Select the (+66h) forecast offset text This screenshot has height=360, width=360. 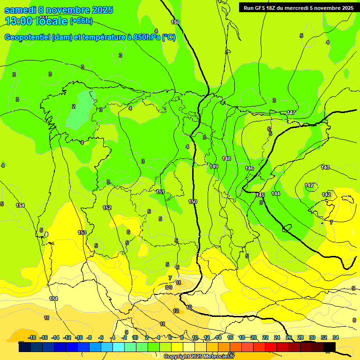click(x=81, y=21)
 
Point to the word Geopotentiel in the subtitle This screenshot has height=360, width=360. click(x=27, y=37)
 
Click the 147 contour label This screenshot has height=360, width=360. click(x=291, y=112)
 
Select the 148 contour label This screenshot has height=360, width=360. click(x=226, y=158)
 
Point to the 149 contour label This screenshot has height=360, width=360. click(x=214, y=166)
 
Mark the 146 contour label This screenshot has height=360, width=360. click(x=249, y=168)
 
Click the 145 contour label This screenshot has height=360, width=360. click(x=260, y=195)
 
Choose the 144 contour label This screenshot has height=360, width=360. click(x=276, y=193)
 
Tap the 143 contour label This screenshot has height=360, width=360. click(x=325, y=167)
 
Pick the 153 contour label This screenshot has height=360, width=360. click(x=82, y=232)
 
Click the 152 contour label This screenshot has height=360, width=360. click(x=107, y=208)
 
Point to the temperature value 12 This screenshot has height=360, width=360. click(x=176, y=311)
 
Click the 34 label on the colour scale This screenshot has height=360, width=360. click(x=336, y=337)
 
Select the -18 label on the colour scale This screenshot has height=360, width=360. click(x=32, y=337)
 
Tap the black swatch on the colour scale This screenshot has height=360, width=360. click(x=330, y=347)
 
